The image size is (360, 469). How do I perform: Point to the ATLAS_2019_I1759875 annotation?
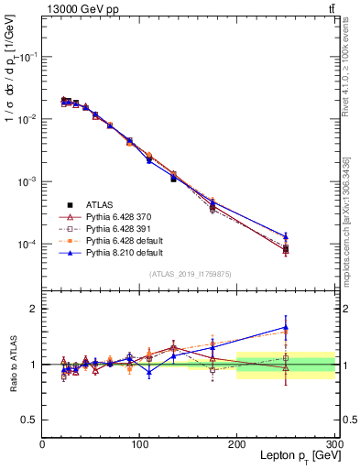pos(190,274)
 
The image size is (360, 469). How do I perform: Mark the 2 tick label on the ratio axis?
pos(32,310)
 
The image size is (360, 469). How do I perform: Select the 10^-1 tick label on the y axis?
pos(26,57)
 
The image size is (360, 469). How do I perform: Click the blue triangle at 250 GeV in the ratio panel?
pos(286,327)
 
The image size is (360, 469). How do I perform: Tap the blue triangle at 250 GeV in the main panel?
pos(286,236)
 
